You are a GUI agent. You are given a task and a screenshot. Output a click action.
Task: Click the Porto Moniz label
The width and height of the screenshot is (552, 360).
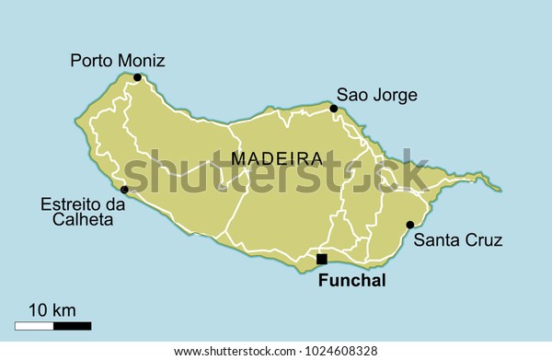pyautogui.click(x=118, y=61)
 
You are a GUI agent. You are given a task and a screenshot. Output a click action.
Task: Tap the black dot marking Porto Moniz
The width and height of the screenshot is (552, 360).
pyautogui.click(x=137, y=77)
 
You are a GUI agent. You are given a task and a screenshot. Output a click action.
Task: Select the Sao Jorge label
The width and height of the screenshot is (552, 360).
pyautogui.click(x=376, y=94)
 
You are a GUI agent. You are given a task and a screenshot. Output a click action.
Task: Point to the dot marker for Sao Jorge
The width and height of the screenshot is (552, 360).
pyautogui.click(x=334, y=109)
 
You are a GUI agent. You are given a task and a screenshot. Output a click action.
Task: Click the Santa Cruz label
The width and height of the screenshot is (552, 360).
pyautogui.click(x=457, y=241)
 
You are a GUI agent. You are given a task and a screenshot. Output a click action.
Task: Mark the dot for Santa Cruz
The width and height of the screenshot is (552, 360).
pyautogui.click(x=409, y=225)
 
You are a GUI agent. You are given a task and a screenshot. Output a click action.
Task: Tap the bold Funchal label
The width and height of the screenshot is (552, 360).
pyautogui.click(x=351, y=281)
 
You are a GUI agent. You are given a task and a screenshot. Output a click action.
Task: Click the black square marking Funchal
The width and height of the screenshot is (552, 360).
pyautogui.click(x=321, y=259)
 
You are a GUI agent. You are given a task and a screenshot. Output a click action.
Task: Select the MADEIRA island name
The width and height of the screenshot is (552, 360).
pyautogui.click(x=277, y=158)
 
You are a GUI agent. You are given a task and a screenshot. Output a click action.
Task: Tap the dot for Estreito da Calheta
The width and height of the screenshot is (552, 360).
pyautogui.click(x=124, y=190)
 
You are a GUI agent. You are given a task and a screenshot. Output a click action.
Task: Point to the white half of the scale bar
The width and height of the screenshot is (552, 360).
pyautogui.click(x=34, y=325)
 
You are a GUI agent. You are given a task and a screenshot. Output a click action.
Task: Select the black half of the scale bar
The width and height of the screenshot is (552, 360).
pyautogui.click(x=72, y=325)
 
